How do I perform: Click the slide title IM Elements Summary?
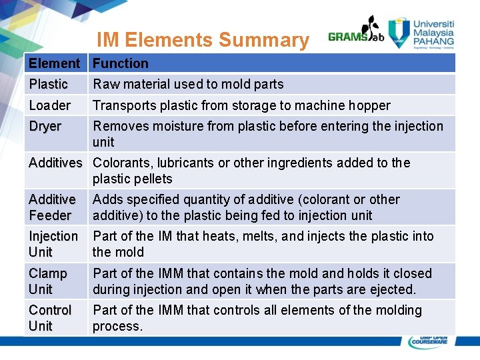tap(203, 40)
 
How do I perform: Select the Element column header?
tap(54, 63)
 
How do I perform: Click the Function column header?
tap(120, 63)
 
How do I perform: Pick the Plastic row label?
tap(48, 84)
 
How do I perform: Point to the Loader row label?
tap(49, 105)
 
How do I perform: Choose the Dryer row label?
tap(45, 126)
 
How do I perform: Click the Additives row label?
tap(55, 163)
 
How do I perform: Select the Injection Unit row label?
tap(53, 244)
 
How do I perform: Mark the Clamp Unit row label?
tap(47, 281)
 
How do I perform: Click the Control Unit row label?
tap(49, 318)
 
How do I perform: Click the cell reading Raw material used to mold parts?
tap(188, 84)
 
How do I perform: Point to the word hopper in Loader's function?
tap(371, 105)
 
